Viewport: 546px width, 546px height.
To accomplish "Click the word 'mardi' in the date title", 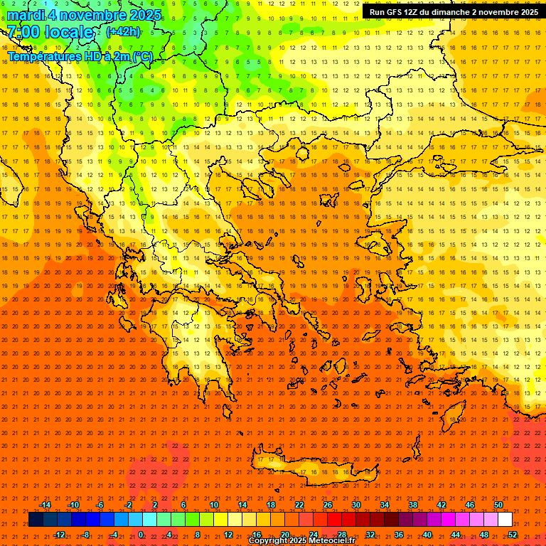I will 26,15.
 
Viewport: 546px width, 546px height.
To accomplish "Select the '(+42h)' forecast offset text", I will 123,32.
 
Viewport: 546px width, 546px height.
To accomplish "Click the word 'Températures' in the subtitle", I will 41,56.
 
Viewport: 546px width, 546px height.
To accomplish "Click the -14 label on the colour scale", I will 45,505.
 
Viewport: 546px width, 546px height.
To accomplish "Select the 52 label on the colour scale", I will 513,535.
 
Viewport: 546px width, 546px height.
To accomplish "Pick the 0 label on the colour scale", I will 141,535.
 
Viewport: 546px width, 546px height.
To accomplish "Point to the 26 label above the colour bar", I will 327,505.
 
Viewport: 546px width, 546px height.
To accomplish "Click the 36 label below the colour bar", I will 399,535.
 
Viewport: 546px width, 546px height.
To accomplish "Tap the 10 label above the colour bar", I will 213,505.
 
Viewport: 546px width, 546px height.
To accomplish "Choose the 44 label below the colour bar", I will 456,535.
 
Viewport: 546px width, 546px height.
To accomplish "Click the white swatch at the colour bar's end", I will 505,520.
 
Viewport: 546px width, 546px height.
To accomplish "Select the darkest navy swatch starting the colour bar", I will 36,520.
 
